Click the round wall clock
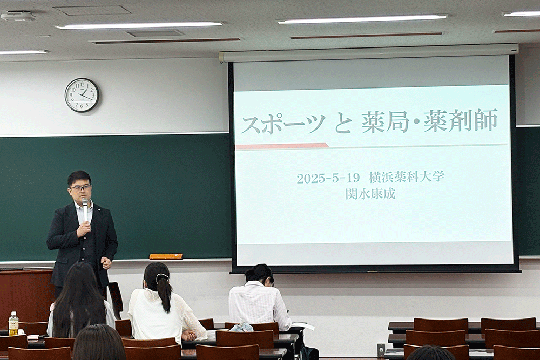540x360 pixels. click(82, 95)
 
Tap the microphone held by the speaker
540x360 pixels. click(85, 209)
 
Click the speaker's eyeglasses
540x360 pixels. click(80, 188)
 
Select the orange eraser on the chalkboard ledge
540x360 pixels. click(166, 256)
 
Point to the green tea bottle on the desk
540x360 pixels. click(13, 323)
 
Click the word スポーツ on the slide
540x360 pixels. click(283, 124)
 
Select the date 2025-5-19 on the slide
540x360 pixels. click(328, 178)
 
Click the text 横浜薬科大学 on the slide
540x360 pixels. click(407, 177)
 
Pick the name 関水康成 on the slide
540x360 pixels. click(370, 194)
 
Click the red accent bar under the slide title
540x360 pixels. click(282, 146)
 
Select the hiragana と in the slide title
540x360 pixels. click(343, 124)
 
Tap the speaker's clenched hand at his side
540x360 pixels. click(106, 263)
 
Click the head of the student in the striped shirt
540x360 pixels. click(259, 274)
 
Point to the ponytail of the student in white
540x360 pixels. click(164, 291)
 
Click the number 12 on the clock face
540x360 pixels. click(82, 84)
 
